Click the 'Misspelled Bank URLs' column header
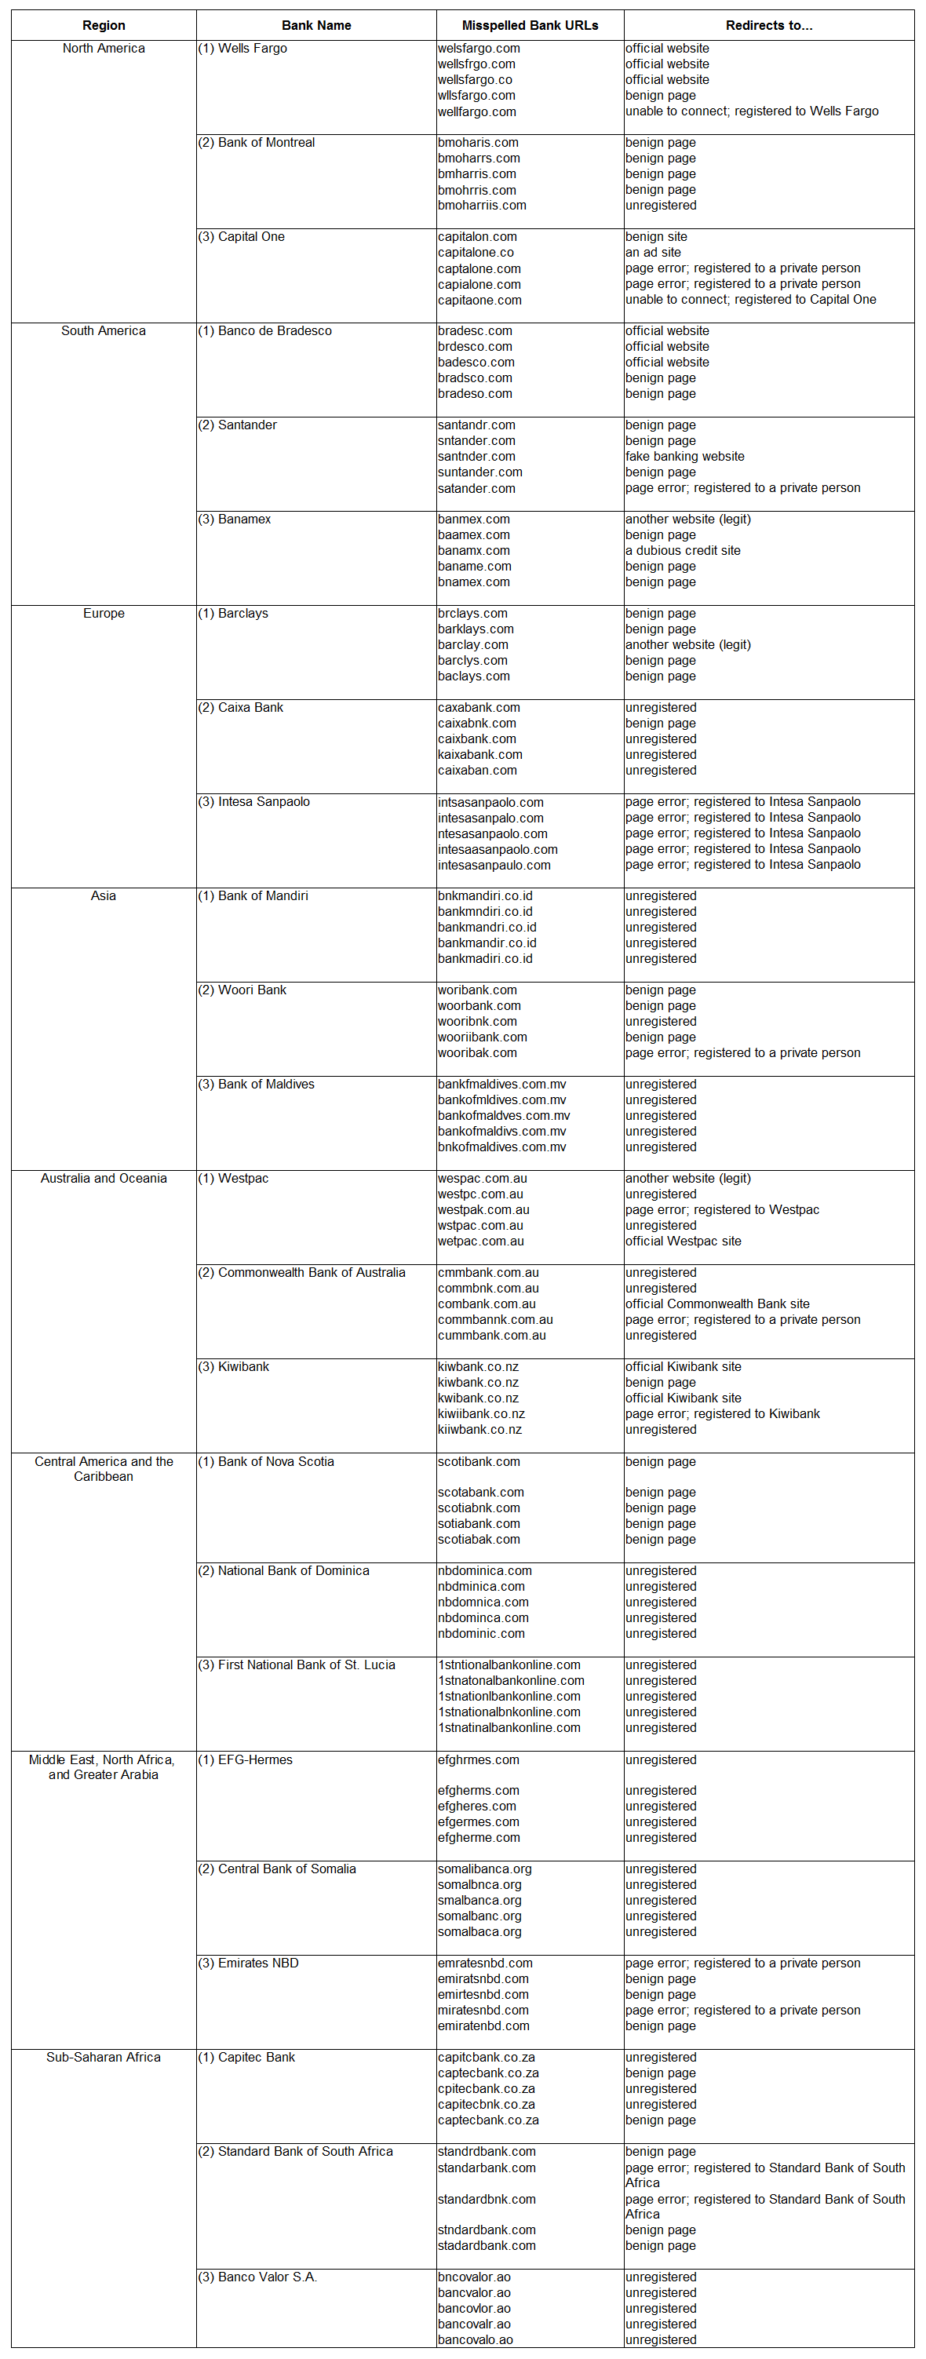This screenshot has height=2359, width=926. coord(530,26)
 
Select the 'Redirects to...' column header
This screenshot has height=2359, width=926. coord(768,26)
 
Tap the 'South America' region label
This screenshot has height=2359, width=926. coord(104,330)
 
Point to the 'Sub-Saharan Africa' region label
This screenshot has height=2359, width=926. coord(104,2057)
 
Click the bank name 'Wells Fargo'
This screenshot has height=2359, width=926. coord(252,49)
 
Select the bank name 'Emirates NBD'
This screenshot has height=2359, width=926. coord(257,1963)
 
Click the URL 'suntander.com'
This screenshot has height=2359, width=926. coord(480,472)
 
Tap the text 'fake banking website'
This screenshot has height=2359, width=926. coord(684,456)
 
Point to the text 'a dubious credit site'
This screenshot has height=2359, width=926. coord(683,550)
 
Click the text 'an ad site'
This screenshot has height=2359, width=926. coord(653,252)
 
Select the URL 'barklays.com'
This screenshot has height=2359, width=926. coord(476,629)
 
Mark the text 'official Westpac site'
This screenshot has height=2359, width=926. coord(684,1241)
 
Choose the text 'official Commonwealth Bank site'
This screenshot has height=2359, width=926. coord(717,1303)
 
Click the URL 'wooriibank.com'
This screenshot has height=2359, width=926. coord(482,1037)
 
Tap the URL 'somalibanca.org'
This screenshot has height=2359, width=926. coord(484,1869)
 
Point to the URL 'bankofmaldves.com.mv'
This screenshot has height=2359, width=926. coord(504,1115)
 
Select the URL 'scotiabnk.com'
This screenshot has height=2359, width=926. coord(479,1508)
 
